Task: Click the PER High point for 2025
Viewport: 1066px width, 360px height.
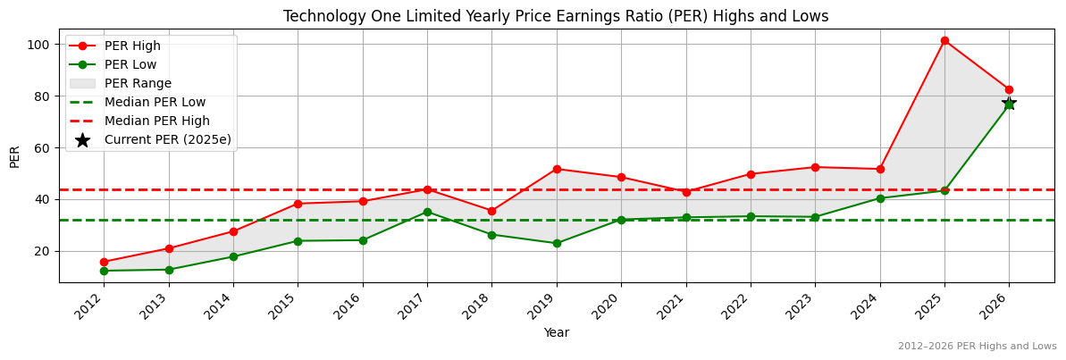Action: click(944, 40)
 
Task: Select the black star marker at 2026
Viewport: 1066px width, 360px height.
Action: click(1009, 104)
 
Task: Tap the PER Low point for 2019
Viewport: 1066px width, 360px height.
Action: click(557, 243)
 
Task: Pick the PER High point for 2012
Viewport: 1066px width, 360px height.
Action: click(104, 262)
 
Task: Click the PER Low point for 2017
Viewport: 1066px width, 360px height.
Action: click(427, 212)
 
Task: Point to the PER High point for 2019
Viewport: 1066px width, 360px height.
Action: click(557, 169)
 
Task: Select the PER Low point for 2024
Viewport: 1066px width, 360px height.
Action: click(880, 198)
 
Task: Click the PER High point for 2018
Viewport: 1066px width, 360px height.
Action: click(491, 211)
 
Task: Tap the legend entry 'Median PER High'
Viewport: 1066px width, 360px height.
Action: click(156, 121)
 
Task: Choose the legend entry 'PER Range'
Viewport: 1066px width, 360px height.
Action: click(138, 83)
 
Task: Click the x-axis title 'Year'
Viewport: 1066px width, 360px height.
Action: click(556, 333)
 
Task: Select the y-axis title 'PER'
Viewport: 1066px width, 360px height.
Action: click(14, 155)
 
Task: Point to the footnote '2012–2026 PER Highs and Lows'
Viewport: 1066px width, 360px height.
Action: click(977, 346)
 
